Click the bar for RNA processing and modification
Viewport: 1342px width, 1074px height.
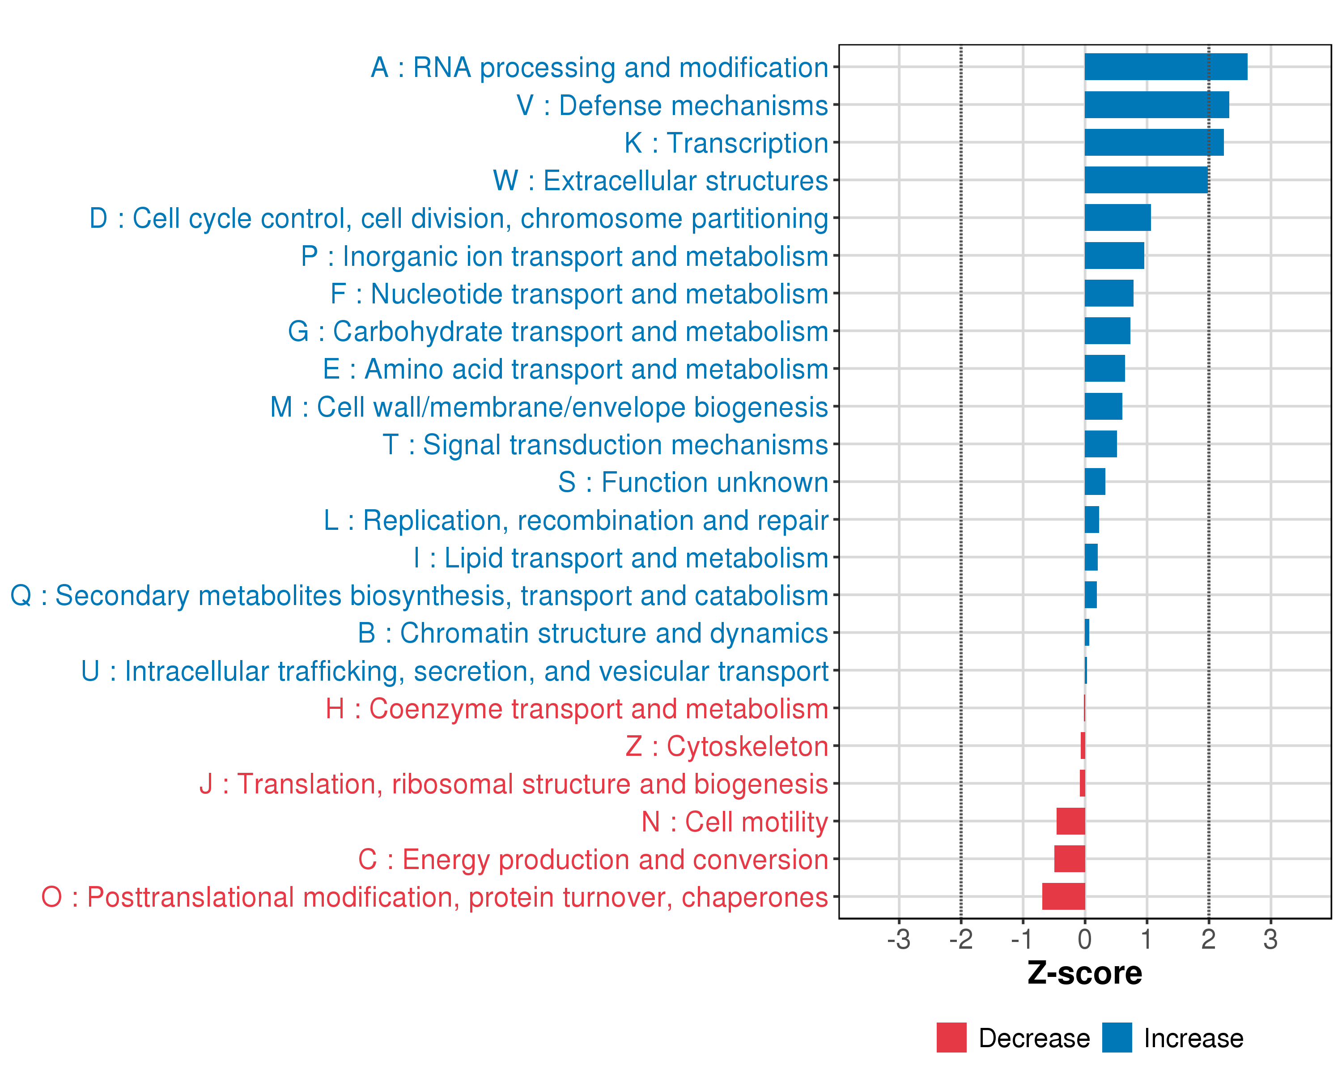pos(1165,67)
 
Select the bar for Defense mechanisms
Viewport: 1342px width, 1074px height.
pos(1156,105)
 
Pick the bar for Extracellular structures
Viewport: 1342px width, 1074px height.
pos(1146,180)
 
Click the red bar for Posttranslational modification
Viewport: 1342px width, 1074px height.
pos(1063,896)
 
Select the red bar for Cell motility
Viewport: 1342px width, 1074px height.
pos(1070,821)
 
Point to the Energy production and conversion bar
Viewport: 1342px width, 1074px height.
pos(1070,859)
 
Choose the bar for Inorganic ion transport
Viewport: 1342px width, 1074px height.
pos(1114,255)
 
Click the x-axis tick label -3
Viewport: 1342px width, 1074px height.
pos(898,939)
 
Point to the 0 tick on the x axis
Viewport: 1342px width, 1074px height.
pos(1084,939)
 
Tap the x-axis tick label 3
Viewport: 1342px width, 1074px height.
pos(1270,939)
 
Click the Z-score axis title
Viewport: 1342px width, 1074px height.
pos(1084,973)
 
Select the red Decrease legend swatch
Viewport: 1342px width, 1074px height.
pos(951,1038)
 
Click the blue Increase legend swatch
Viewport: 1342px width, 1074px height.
pos(1117,1038)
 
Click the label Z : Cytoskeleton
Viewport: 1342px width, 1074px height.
pos(726,746)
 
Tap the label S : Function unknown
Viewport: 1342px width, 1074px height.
pos(693,482)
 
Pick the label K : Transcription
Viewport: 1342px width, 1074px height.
pos(726,143)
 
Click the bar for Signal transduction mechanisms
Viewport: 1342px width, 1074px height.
pos(1100,444)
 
